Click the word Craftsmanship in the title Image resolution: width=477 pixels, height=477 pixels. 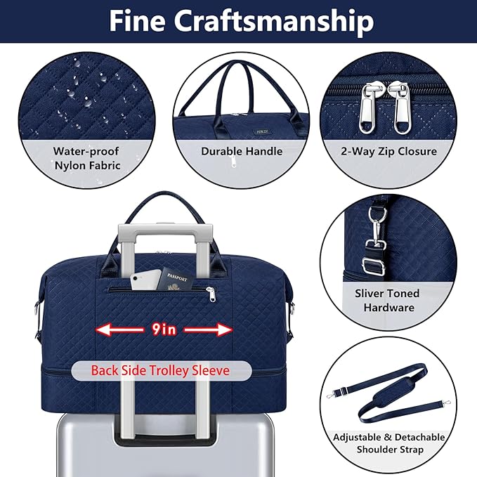tap(274, 22)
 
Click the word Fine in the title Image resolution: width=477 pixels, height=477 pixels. tap(138, 20)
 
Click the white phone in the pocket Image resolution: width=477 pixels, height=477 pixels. tap(145, 280)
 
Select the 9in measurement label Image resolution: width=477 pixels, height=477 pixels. tap(164, 329)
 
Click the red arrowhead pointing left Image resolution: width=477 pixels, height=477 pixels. tap(104, 329)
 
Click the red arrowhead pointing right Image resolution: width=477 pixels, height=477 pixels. tap(225, 329)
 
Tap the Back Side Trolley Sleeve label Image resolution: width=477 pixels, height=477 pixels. tap(160, 370)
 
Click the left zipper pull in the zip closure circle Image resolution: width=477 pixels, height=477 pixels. tap(367, 107)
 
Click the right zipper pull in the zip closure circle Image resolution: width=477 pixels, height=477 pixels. tap(401, 107)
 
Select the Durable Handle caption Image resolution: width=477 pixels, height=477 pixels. tap(242, 151)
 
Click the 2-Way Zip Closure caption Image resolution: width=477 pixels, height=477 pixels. tap(388, 151)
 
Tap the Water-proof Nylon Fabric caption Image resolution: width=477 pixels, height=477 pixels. tap(86, 158)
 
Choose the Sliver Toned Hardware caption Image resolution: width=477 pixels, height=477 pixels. tap(388, 300)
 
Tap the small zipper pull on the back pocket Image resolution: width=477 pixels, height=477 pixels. tap(211, 294)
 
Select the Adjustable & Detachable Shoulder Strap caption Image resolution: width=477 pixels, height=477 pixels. tap(389, 443)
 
